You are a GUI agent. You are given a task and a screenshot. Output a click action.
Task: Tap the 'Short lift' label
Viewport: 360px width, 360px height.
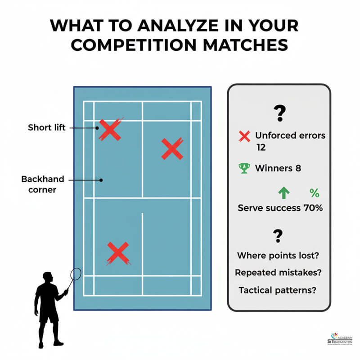[x=47, y=127]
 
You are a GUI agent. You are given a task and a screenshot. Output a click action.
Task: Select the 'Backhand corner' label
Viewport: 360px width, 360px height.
[x=43, y=184]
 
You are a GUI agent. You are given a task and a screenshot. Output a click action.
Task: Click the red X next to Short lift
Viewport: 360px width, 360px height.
[x=110, y=130]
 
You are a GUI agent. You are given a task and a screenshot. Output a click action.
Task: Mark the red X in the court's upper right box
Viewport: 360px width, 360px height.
[x=171, y=149]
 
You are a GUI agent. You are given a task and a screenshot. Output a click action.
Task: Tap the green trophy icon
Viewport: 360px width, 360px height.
[x=244, y=168]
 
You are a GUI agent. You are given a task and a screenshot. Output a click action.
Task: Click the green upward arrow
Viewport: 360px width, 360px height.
[x=283, y=193]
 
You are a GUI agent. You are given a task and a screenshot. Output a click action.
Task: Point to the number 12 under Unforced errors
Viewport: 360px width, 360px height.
[x=261, y=147]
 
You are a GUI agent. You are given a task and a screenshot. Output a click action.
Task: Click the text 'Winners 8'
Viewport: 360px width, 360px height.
[x=278, y=168]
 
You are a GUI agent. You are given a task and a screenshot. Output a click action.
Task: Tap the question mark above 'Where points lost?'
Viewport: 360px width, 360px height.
[x=278, y=235]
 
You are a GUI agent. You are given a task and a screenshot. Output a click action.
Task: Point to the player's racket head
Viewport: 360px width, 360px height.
[x=76, y=273]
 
